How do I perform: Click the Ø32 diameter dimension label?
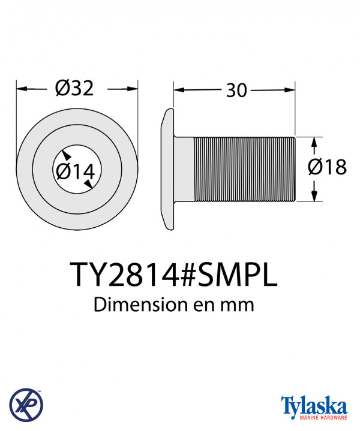pyautogui.click(x=76, y=89)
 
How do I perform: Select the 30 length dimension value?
pyautogui.click(x=236, y=91)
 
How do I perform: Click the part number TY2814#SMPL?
pyautogui.click(x=174, y=275)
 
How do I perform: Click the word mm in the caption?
pyautogui.click(x=239, y=305)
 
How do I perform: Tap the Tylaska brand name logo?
pyautogui.click(x=314, y=404)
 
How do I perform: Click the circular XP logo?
pyautogui.click(x=26, y=404)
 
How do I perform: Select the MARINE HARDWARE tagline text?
pyautogui.click(x=314, y=417)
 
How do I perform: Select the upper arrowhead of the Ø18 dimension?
pyautogui.click(x=314, y=141)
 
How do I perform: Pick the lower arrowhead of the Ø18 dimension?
pyautogui.click(x=314, y=198)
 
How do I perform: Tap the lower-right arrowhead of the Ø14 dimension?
pyautogui.click(x=88, y=186)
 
